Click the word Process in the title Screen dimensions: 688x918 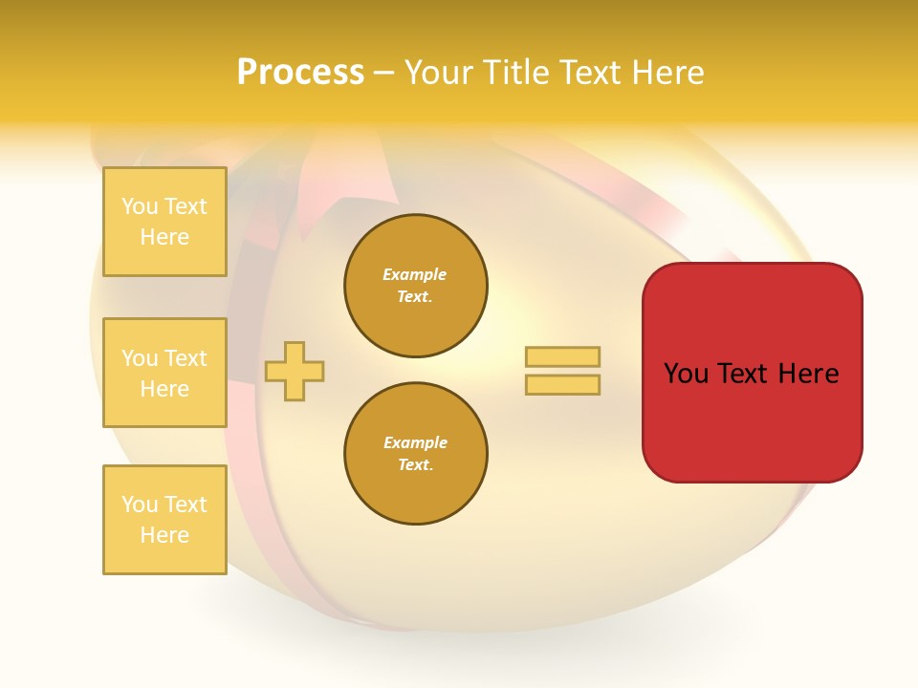(x=300, y=73)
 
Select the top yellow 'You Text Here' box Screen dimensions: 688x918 (x=164, y=222)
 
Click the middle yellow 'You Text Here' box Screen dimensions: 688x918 (x=164, y=373)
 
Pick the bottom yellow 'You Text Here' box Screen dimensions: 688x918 (x=164, y=520)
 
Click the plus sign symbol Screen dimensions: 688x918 (x=295, y=371)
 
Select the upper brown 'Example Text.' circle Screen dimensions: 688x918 (x=415, y=286)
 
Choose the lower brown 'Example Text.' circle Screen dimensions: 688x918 (x=415, y=454)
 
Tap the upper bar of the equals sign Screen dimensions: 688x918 (x=562, y=356)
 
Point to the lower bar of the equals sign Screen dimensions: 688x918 (x=562, y=384)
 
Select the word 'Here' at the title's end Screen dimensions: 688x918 (x=668, y=73)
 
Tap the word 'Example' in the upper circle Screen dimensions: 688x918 (x=415, y=274)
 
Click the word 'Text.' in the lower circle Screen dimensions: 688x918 (x=415, y=465)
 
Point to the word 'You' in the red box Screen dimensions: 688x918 (x=687, y=374)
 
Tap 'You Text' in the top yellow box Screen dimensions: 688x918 (x=164, y=206)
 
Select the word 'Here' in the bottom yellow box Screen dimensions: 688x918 (x=164, y=535)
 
